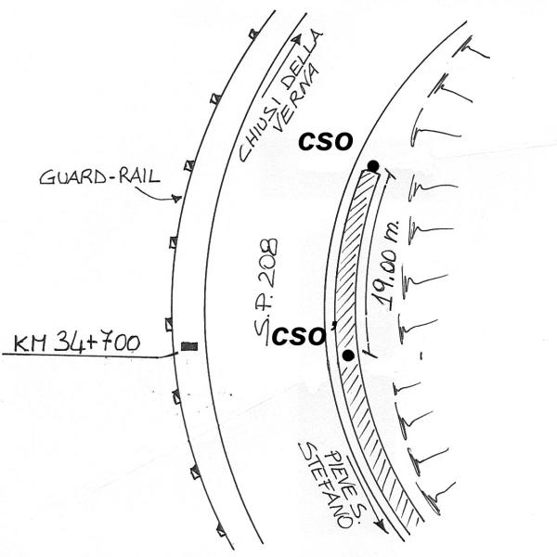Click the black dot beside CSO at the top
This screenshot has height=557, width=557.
tap(372, 166)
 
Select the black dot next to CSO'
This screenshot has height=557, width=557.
tap(348, 356)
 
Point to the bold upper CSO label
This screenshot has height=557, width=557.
tap(324, 141)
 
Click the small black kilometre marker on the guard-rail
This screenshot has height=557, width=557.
tap(189, 346)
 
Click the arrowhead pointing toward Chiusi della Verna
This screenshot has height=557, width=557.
tap(298, 41)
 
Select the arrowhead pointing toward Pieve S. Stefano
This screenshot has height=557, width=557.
tap(380, 527)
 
